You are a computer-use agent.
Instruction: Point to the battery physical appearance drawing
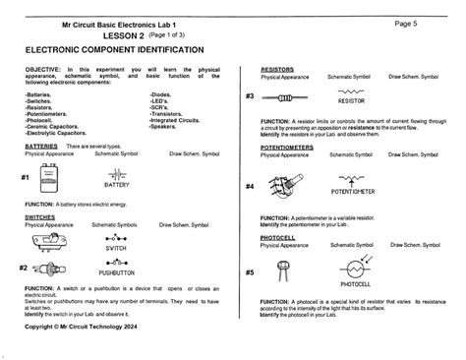tap(46, 177)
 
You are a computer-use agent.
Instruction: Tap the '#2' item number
tap(23, 268)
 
